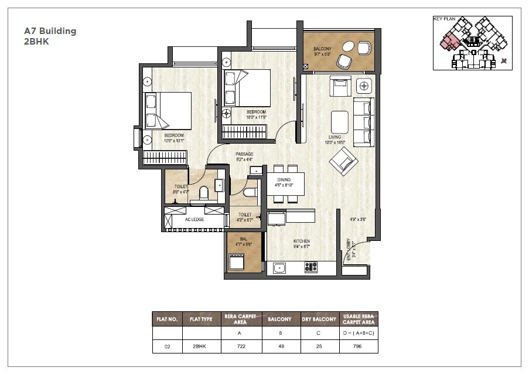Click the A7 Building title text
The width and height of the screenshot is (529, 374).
[x=50, y=31]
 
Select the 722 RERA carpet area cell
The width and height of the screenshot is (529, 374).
[x=240, y=346]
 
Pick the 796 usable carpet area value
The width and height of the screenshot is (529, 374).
[x=358, y=346]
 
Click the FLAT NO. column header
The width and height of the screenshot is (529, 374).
[x=167, y=319]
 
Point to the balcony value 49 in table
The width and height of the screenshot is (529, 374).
[x=279, y=346]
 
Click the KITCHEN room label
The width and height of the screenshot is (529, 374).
[x=302, y=242]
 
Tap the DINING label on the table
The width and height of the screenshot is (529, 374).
[x=284, y=181]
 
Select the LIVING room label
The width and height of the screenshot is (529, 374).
[x=335, y=137]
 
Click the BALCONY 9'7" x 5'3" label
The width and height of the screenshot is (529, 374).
[x=323, y=51]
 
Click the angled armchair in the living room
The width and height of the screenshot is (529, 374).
[x=343, y=160]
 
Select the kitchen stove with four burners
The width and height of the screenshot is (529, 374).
[x=310, y=267]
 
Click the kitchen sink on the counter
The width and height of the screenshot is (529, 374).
[x=279, y=268]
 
